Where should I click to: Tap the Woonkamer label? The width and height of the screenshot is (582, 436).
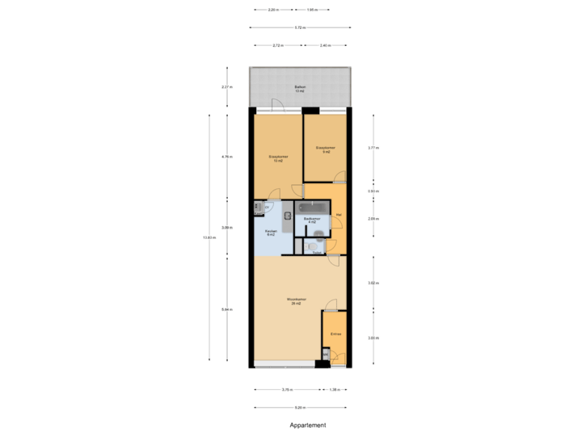[297, 300]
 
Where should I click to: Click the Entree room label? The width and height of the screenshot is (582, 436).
[335, 333]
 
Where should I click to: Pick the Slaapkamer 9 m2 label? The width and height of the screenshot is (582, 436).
[326, 149]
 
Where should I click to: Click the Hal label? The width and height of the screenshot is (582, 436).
[339, 214]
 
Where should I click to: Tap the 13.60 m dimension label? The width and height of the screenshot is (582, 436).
[209, 237]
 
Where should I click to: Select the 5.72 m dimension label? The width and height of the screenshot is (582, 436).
[300, 27]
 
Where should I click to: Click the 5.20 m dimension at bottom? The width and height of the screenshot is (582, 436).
[300, 407]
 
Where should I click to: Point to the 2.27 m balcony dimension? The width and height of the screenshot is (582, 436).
[226, 86]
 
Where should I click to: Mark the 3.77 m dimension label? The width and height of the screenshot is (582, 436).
[373, 148]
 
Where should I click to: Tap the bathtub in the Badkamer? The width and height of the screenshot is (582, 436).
[312, 208]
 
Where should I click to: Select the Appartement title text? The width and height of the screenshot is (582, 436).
[308, 424]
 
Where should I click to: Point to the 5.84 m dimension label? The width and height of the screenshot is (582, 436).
[226, 309]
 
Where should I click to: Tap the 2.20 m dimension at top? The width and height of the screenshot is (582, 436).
[273, 10]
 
